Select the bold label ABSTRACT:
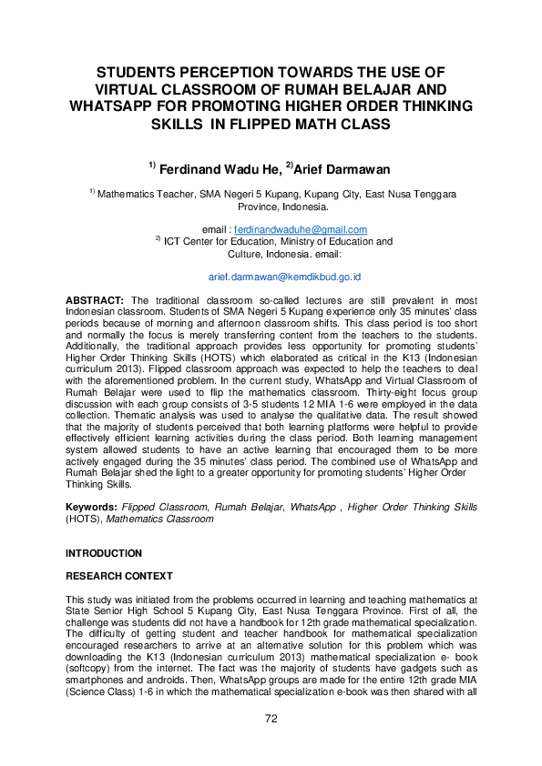tap(94, 300)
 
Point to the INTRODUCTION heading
tap(104, 553)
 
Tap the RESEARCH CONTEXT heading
tap(118, 577)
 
